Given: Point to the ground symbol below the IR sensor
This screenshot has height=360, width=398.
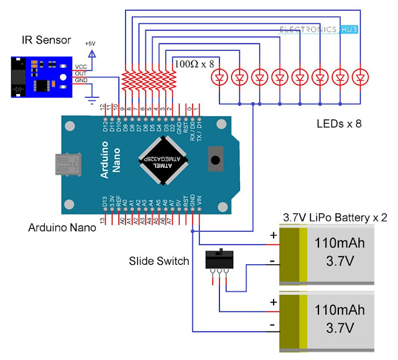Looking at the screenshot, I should coord(92,99).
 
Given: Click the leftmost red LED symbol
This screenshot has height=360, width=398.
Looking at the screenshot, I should coord(219,78).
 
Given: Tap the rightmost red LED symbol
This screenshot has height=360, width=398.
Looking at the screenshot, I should coord(360,78).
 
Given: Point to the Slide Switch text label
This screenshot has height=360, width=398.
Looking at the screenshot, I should coord(159,261).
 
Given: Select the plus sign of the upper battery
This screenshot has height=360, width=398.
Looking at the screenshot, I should coord(272,236).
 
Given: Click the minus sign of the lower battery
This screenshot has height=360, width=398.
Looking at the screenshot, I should coord(272,325).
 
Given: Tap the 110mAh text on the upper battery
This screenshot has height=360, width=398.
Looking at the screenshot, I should coord(340,242).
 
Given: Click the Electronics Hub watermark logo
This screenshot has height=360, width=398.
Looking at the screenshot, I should coord(318,29).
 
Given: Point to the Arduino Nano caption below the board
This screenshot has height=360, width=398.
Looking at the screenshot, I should coord(62,228).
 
